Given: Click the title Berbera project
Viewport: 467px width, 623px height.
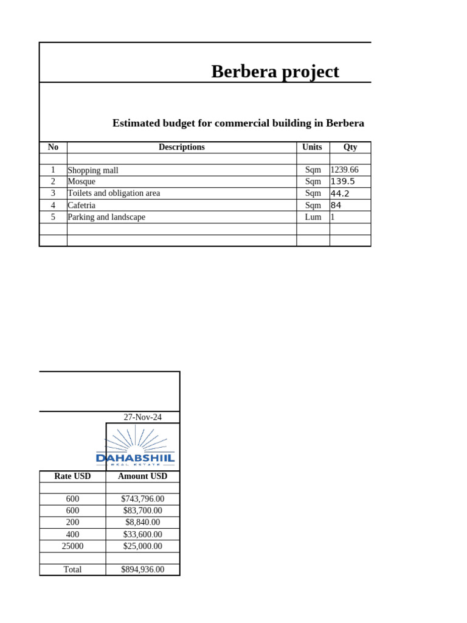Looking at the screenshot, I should [x=275, y=72].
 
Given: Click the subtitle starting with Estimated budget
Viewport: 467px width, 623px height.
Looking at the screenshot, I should [x=238, y=124].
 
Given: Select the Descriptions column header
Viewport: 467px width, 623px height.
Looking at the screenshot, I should [x=181, y=147].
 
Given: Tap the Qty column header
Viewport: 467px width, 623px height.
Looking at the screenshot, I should [x=350, y=147].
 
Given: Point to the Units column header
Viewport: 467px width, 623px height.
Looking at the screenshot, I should [x=313, y=147].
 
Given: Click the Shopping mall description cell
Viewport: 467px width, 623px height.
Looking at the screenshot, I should [x=93, y=170].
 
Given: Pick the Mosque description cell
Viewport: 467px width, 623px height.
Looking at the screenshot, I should [x=81, y=182].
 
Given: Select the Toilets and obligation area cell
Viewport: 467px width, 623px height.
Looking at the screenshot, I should [x=114, y=193].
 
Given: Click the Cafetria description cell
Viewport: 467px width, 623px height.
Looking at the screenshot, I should [x=81, y=206].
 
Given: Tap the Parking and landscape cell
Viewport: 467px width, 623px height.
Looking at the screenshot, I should [x=106, y=217].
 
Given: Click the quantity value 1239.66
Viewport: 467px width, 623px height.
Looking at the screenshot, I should [x=344, y=170].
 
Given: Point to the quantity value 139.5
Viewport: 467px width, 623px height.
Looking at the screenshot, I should [x=343, y=182].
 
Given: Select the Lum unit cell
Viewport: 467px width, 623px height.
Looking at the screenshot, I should [x=313, y=217].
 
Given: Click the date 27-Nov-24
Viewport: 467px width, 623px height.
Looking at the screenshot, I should [x=142, y=417].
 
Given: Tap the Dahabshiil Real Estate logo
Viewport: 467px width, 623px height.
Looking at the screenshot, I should [x=136, y=447].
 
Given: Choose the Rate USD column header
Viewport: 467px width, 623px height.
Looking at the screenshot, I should [x=72, y=476].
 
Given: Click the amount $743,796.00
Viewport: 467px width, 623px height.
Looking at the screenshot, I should [x=142, y=499].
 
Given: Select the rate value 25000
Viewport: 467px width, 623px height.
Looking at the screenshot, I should [x=72, y=546].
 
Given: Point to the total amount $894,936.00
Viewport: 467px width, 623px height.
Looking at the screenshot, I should [x=142, y=570].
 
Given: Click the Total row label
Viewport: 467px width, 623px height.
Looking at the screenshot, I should [x=72, y=570].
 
